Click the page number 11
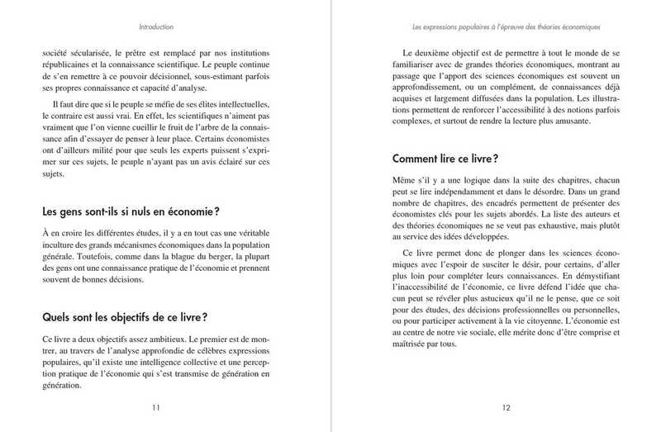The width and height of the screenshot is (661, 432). point(157,407)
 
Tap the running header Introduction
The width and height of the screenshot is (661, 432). point(157,26)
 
